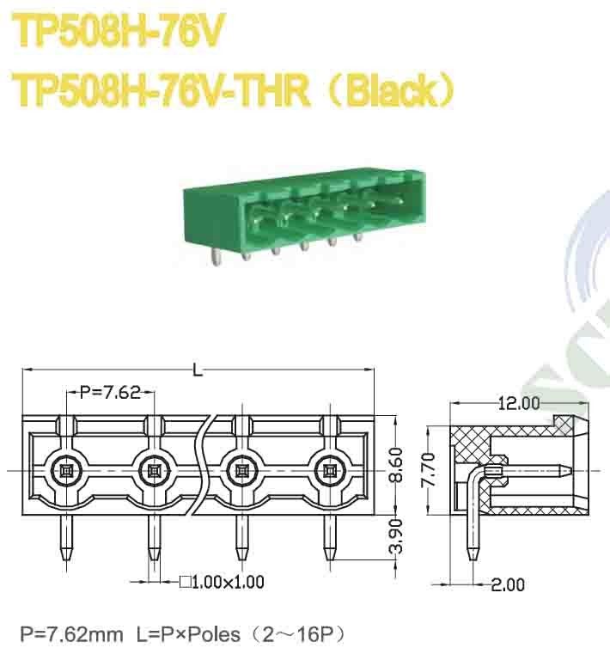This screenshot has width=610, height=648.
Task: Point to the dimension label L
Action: [198, 371]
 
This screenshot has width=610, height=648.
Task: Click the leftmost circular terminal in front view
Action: [65, 470]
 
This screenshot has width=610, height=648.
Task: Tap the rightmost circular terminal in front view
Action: [330, 470]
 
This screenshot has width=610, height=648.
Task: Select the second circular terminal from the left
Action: [154, 470]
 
